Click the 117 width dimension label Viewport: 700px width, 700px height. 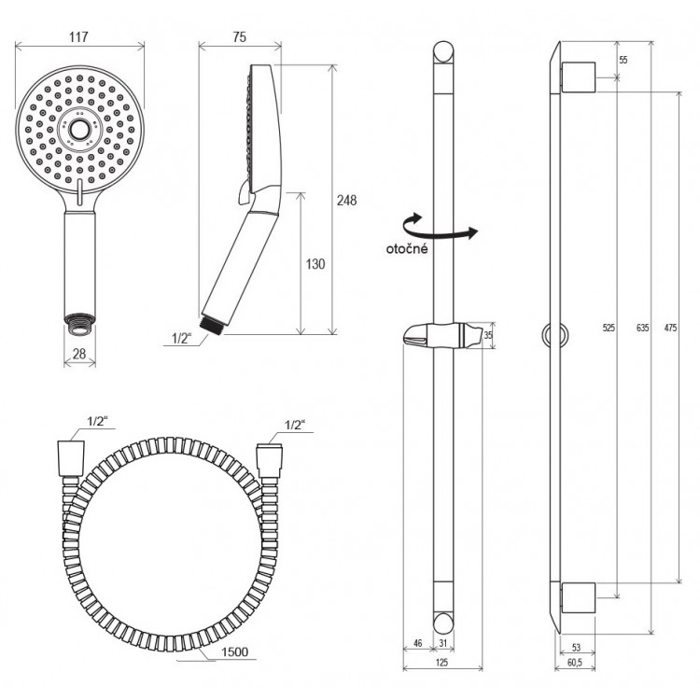[78, 36]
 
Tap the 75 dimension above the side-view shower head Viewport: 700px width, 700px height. [240, 37]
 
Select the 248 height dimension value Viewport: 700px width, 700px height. [347, 200]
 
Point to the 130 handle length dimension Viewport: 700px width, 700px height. [315, 264]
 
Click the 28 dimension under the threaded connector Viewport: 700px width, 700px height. [79, 354]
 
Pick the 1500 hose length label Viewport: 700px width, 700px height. [235, 651]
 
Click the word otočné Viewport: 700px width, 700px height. [407, 248]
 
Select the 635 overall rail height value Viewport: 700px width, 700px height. [642, 328]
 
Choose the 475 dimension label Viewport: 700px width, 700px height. [670, 328]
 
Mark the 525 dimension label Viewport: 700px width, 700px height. [609, 328]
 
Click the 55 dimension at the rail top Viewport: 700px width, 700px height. [623, 60]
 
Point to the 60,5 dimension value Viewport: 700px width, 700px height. [575, 663]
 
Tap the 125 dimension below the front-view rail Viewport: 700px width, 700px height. [441, 663]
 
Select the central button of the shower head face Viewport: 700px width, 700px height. [80, 130]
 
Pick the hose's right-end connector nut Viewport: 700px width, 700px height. [269, 460]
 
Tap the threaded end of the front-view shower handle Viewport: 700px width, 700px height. [80, 324]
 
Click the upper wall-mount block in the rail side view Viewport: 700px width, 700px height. [579, 77]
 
